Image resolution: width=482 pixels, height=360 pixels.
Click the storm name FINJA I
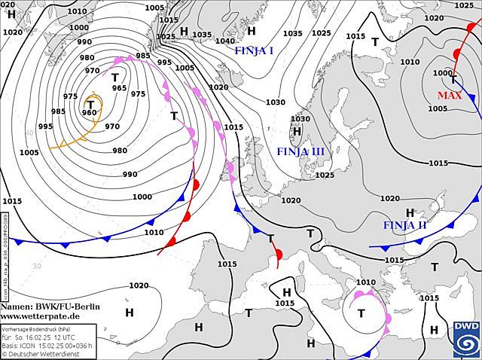(x=254, y=51)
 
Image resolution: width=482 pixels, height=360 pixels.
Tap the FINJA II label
(x=404, y=225)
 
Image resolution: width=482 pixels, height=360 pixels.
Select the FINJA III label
(x=300, y=151)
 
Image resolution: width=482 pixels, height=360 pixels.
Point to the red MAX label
(x=450, y=96)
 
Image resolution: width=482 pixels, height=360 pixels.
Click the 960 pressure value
(x=89, y=114)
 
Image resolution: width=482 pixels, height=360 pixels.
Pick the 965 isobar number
(x=119, y=88)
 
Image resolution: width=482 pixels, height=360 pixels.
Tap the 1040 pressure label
(x=224, y=41)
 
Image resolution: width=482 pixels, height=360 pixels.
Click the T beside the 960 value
(x=91, y=104)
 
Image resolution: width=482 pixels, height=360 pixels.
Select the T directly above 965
(x=115, y=77)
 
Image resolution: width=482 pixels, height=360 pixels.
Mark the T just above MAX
(x=453, y=80)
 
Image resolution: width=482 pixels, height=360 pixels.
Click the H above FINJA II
(x=410, y=213)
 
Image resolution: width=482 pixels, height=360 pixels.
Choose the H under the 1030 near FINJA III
(x=297, y=131)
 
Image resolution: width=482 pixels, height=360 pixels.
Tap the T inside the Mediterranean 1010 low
(x=361, y=313)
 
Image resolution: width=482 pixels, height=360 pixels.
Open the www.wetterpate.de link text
(x=41, y=317)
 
